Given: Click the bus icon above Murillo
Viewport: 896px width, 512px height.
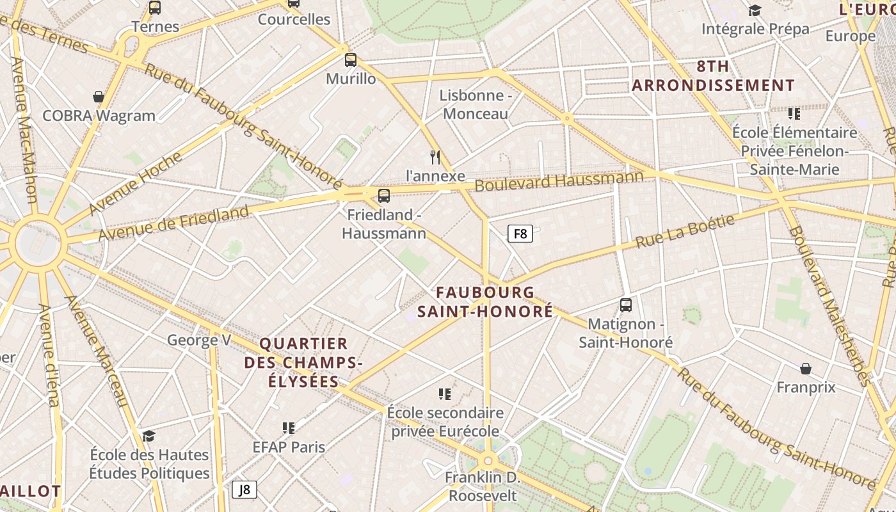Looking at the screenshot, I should (350, 60).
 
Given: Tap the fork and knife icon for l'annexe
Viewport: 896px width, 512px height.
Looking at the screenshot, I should (435, 157).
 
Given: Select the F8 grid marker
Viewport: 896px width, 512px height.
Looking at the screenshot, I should (520, 234).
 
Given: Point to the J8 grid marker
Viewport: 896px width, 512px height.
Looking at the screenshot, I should (244, 490).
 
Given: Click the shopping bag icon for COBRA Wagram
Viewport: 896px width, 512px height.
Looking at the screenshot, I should (99, 97).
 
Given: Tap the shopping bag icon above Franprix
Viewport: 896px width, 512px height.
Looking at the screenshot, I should (806, 369).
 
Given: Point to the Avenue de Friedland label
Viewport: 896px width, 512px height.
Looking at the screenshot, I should (173, 223).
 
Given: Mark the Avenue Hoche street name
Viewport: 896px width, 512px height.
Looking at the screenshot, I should (126, 184).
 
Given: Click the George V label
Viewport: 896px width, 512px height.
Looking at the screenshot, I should (199, 340).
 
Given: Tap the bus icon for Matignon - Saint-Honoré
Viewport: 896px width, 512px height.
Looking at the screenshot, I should (626, 305).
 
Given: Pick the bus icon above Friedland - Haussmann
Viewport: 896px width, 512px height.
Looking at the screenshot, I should (384, 196).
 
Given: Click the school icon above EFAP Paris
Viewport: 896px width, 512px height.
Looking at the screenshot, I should (289, 428).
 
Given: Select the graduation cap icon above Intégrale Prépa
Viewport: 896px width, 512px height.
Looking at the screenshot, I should (755, 10).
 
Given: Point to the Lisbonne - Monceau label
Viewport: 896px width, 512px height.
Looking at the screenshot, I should (476, 104).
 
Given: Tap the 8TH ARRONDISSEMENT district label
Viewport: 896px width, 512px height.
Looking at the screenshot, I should (713, 76).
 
